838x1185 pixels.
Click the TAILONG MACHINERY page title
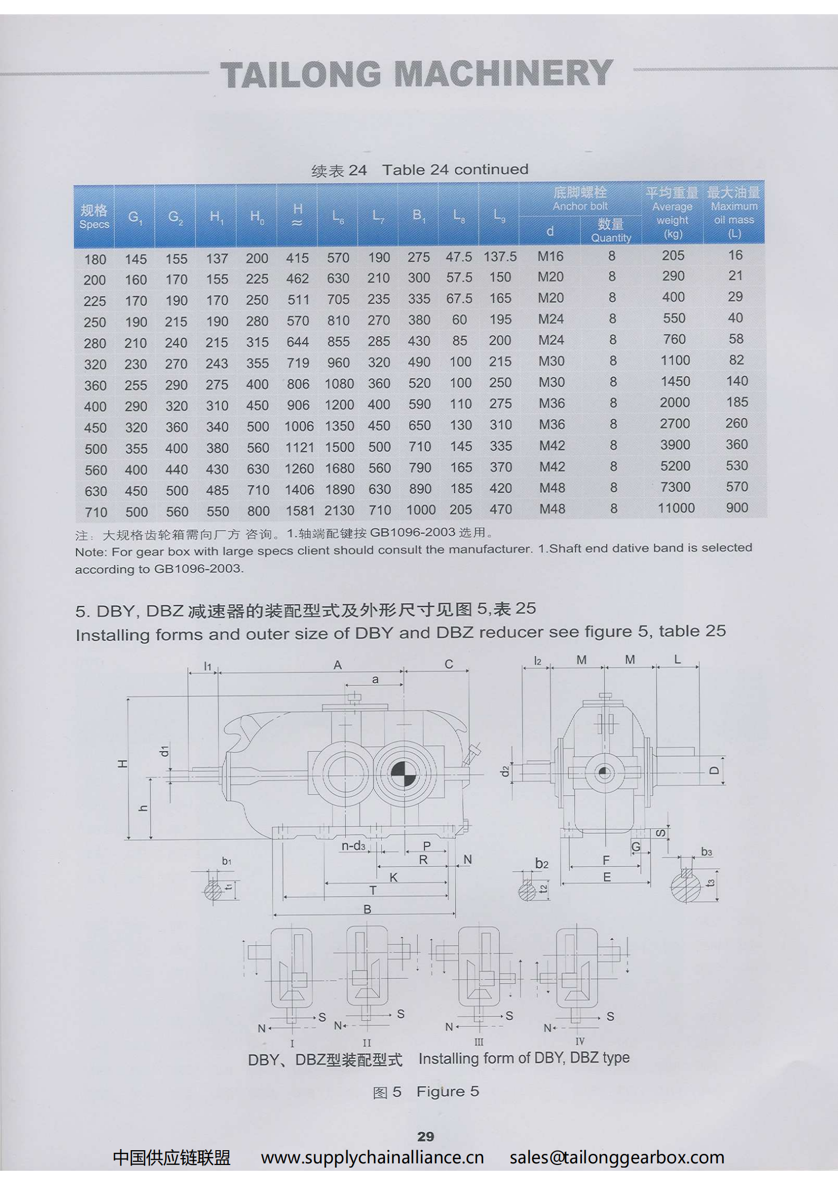coord(416,74)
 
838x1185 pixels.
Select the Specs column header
coord(94,217)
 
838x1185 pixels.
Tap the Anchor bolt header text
coord(580,206)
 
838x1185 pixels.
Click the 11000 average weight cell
coord(676,508)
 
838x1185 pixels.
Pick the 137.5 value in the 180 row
coord(500,257)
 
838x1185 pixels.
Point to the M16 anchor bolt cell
coord(550,257)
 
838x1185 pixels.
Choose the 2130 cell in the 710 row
coord(340,510)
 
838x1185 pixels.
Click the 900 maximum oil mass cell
coord(737,508)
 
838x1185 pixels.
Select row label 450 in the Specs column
coord(96,428)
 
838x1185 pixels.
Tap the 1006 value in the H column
coord(299,426)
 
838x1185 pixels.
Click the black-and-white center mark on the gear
coord(403,773)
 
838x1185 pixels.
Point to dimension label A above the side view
coord(337,665)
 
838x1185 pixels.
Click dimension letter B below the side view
coord(368,909)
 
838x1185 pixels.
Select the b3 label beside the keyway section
coord(706,852)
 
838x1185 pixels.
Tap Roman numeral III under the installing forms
coord(478,1042)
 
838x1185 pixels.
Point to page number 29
coord(426,1136)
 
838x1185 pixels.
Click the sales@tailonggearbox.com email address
coord(617,1158)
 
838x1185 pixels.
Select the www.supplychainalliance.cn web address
coord(372,1158)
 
